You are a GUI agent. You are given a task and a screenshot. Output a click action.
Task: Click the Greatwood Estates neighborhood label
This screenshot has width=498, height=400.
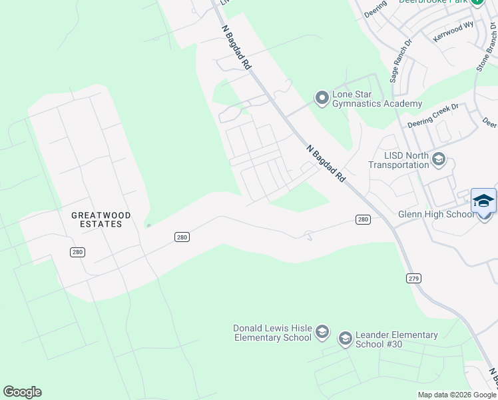[x=101, y=219]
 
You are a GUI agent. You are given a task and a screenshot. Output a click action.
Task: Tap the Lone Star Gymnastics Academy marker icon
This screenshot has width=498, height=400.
[x=322, y=99]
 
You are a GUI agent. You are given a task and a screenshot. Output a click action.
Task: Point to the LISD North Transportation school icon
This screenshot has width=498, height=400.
[x=438, y=159]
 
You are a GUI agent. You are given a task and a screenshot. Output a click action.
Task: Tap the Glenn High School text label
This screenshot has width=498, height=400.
[x=436, y=214]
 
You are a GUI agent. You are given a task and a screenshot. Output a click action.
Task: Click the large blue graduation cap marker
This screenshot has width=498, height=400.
[x=483, y=200]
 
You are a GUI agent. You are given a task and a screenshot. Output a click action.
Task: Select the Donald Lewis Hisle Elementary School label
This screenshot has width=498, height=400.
[x=272, y=333]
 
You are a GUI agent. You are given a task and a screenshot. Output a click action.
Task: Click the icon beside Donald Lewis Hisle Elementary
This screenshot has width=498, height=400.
[x=322, y=332]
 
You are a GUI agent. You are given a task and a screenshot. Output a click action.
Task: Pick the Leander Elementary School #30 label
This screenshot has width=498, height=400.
[x=397, y=339]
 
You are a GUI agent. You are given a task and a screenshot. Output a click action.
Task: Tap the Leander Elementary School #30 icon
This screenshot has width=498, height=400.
[x=345, y=339]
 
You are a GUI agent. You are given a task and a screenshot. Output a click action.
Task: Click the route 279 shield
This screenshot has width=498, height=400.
[x=413, y=278]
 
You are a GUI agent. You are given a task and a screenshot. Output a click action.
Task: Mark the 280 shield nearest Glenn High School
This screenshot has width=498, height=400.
[x=363, y=219]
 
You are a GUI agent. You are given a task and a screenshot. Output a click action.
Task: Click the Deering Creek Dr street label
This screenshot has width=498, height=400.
[x=433, y=115]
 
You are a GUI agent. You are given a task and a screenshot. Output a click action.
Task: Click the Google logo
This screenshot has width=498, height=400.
[x=22, y=392]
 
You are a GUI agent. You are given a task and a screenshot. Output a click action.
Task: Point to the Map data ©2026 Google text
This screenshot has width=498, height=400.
[x=456, y=395]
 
